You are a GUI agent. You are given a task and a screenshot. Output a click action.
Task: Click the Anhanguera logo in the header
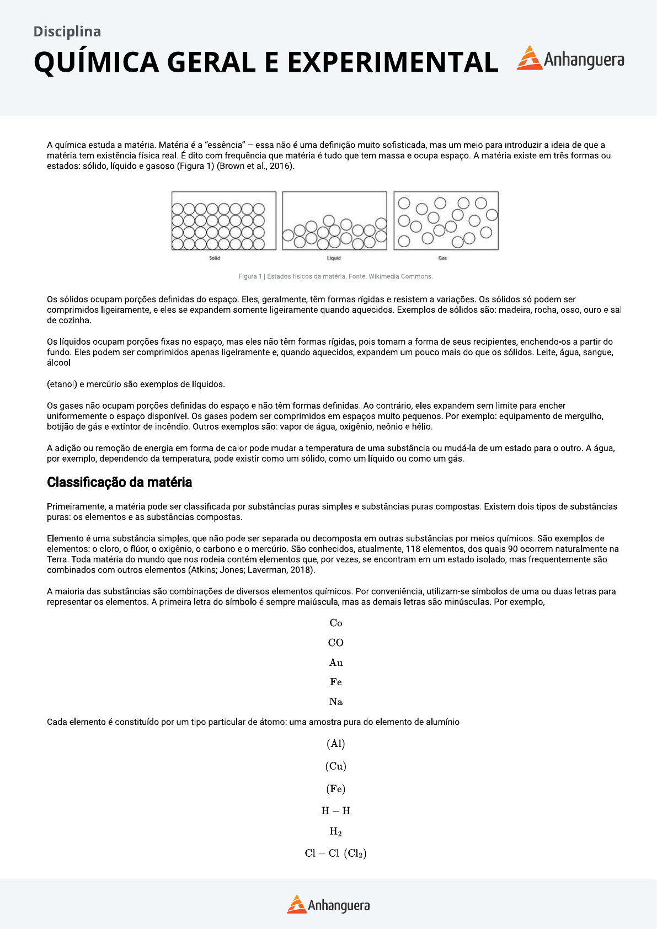[x=570, y=59]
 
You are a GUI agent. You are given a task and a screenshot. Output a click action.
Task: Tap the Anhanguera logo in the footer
[x=328, y=905]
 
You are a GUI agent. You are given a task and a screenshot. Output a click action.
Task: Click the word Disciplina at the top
[x=67, y=31]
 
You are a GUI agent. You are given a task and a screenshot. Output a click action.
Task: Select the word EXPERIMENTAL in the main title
[x=392, y=62]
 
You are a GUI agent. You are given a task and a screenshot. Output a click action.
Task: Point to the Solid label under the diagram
[x=215, y=258]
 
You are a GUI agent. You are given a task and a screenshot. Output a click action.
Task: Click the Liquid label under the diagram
[x=334, y=258]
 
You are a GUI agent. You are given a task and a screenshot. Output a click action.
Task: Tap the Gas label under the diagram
[x=442, y=258]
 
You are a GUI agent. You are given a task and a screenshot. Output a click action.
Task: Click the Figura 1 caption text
[x=335, y=276]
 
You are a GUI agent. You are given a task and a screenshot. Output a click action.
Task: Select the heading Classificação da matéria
[x=119, y=482]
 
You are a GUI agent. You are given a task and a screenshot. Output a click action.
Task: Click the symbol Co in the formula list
[x=335, y=623]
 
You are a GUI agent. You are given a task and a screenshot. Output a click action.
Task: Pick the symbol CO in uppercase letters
[x=335, y=643]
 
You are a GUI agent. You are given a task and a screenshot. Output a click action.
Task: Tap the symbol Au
[x=335, y=663]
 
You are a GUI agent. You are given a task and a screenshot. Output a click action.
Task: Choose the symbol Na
[x=335, y=702]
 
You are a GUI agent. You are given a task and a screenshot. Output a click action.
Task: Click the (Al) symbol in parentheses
[x=335, y=744]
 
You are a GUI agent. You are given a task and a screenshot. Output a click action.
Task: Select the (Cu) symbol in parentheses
[x=335, y=766]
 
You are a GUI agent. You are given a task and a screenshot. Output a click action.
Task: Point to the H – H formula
[x=335, y=811]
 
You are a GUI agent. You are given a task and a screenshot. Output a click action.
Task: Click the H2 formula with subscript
[x=335, y=832]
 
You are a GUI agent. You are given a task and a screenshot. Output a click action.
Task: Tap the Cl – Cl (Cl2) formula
[x=335, y=853]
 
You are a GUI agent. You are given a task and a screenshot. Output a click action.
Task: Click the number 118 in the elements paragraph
[x=413, y=549]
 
